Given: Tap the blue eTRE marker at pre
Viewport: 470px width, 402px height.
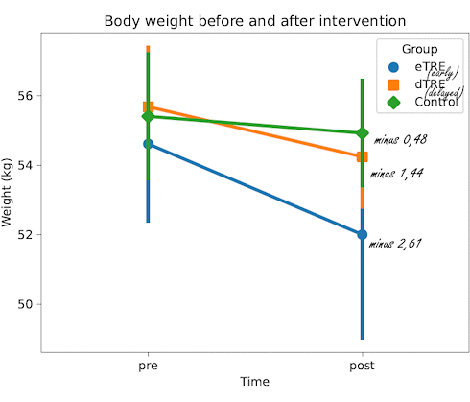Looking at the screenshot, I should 148,143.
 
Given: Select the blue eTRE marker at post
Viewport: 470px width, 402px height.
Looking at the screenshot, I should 362,234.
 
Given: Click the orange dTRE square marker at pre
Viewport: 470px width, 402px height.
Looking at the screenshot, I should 148,107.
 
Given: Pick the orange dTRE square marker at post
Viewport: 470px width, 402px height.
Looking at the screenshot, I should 362,156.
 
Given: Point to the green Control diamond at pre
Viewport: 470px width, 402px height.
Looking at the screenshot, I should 148,116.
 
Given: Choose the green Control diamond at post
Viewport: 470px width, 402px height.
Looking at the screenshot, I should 362,132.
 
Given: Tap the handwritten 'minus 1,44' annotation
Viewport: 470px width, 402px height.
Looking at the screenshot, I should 397,174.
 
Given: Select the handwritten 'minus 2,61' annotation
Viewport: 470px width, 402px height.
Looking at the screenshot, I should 396,244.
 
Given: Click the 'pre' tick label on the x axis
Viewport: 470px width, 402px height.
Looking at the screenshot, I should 148,366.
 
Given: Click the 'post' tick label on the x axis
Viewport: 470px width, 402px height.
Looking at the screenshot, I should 362,366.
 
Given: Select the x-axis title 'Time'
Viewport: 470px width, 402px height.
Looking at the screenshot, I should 254,383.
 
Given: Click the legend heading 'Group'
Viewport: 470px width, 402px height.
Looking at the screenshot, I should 419,49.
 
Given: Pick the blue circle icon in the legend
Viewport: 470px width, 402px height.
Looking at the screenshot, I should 393,67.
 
